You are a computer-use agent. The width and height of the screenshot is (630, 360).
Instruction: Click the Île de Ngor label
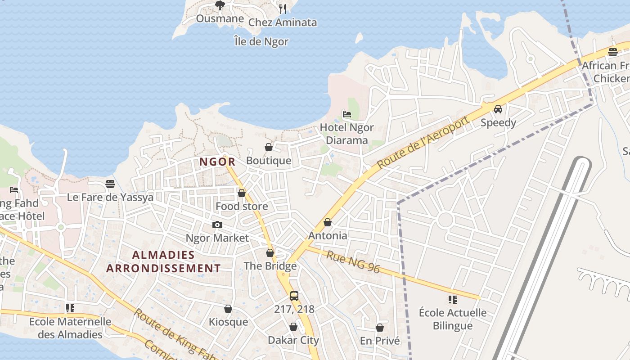(261, 41)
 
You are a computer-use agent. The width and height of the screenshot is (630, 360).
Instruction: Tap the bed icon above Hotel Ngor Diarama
(347, 114)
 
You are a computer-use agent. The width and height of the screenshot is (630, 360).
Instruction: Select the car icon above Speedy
(498, 109)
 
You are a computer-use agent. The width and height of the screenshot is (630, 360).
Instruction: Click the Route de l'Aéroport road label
(423, 142)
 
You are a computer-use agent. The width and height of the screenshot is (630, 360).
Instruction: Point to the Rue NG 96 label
(353, 262)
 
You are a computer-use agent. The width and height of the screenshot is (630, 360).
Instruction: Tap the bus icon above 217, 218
(294, 296)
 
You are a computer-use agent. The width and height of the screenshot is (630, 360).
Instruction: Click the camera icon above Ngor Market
(217, 225)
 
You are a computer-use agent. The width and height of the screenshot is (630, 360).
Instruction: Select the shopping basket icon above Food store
(242, 193)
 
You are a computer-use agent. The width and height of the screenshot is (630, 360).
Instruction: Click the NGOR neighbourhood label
(217, 162)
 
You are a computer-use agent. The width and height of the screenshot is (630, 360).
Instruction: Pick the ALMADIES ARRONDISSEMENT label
(164, 261)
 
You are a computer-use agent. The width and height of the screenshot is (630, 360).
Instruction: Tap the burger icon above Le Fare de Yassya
(110, 184)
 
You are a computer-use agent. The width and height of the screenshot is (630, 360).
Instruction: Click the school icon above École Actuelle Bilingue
(453, 299)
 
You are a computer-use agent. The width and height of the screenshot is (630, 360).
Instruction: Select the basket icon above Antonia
(328, 222)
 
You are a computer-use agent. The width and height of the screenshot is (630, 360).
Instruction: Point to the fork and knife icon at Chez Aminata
(283, 9)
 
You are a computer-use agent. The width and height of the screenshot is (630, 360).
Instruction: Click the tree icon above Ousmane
(220, 5)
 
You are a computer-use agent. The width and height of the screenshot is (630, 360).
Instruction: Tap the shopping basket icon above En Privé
(380, 328)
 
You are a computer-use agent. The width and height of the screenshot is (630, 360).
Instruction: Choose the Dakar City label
(293, 340)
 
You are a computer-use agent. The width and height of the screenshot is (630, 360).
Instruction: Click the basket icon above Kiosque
(228, 309)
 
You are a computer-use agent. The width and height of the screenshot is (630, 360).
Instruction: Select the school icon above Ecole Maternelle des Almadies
(70, 308)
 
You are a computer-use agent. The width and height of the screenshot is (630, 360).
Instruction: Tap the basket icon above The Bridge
(270, 253)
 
